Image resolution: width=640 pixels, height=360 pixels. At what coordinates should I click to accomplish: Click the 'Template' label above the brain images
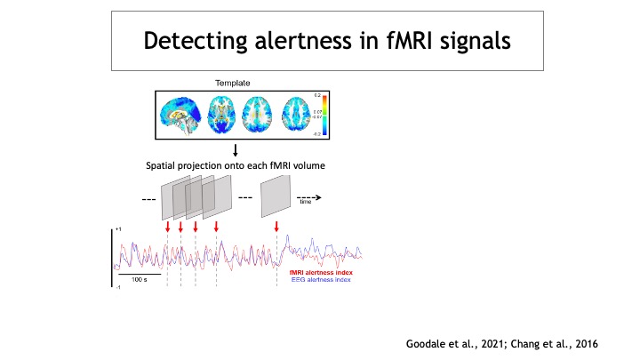coord(232,83)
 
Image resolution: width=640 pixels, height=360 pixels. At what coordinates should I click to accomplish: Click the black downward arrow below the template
coord(235,149)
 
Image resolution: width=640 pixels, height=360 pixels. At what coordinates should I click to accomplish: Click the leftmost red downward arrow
coord(167,228)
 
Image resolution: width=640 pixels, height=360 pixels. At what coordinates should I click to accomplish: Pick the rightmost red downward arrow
coord(277,228)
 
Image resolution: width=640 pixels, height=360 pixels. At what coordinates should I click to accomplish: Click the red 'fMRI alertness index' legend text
coord(324,271)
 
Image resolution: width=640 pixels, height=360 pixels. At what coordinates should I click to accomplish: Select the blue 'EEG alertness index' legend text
coord(324,278)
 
